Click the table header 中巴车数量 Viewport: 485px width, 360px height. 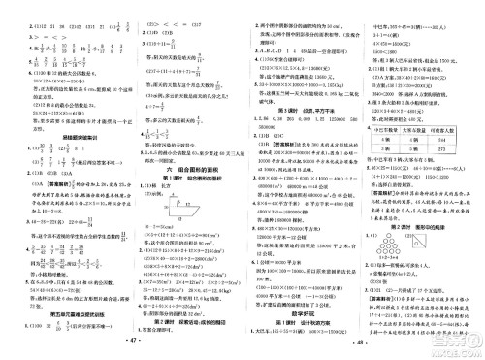tap(398, 153)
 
